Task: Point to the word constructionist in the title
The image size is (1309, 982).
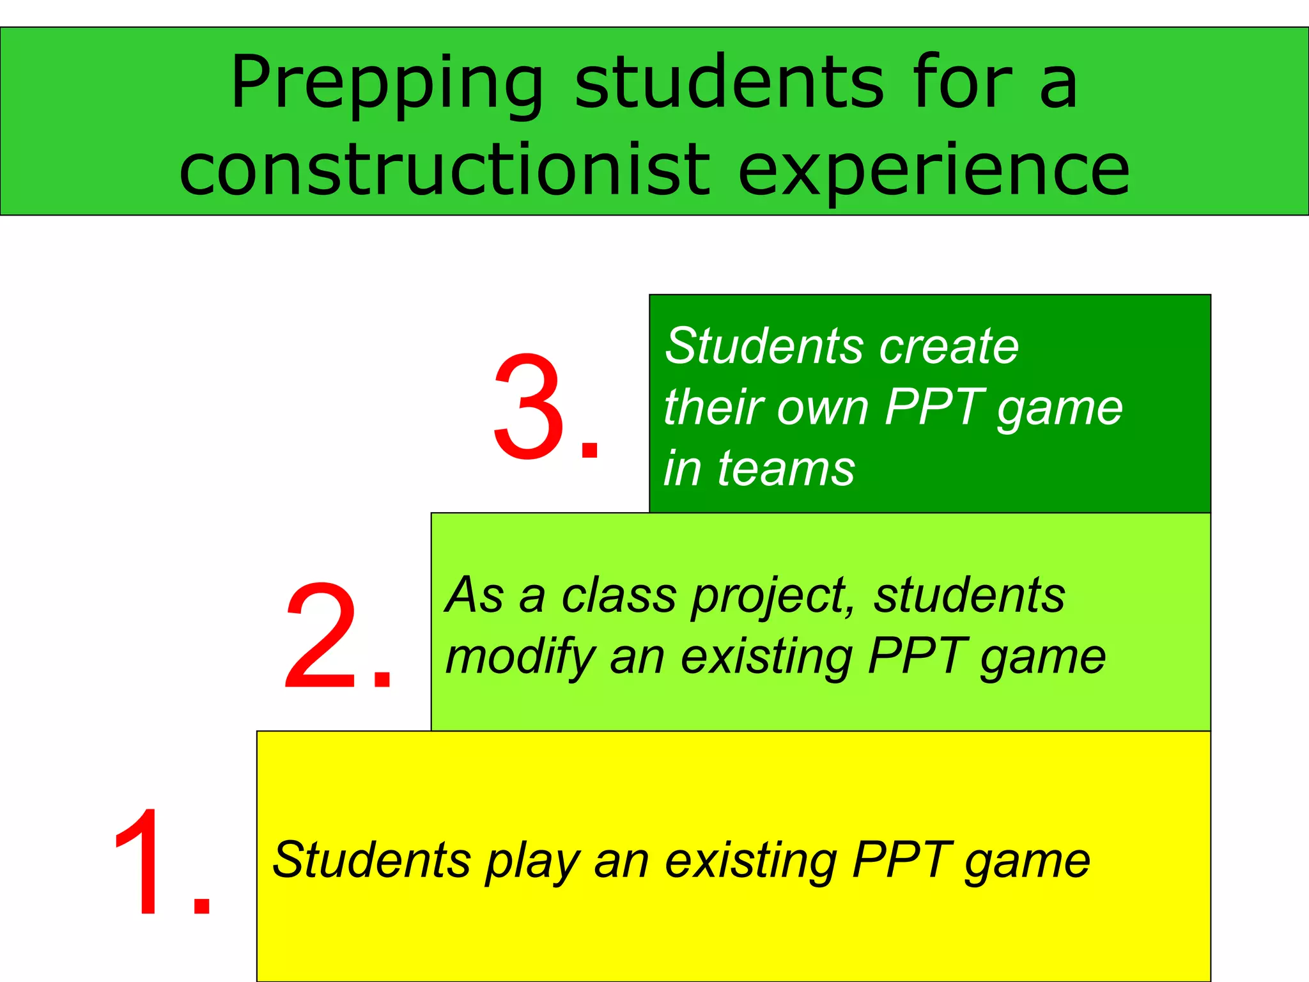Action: (x=444, y=169)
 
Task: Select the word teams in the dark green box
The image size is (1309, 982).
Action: (x=786, y=469)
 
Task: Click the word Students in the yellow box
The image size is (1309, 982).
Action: (x=371, y=860)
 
